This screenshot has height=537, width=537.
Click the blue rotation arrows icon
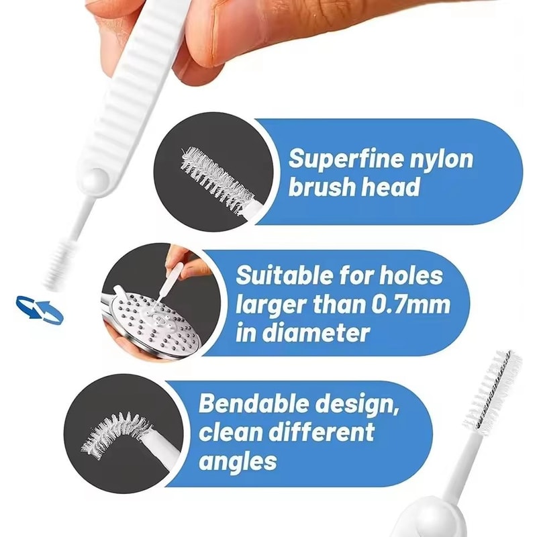click(x=40, y=308)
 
